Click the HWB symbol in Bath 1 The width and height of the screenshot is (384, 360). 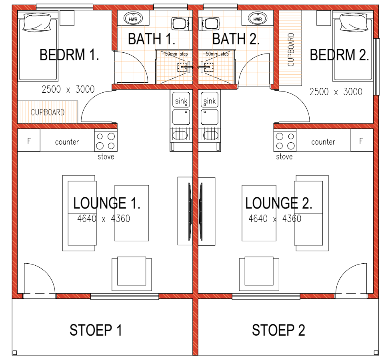pyautogui.click(x=133, y=19)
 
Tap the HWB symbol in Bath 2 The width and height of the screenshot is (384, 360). pyautogui.click(x=257, y=19)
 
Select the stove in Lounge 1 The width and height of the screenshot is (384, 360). pyautogui.click(x=106, y=140)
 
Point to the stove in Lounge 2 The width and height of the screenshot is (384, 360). pyautogui.click(x=285, y=140)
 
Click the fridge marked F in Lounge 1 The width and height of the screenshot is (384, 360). pyautogui.click(x=29, y=140)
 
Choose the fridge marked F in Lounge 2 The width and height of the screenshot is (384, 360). pyautogui.click(x=362, y=140)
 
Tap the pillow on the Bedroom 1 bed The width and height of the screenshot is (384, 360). pyautogui.click(x=37, y=22)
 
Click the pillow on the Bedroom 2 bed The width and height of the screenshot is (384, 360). pyautogui.click(x=354, y=22)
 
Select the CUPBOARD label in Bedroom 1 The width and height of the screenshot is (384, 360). pyautogui.click(x=48, y=112)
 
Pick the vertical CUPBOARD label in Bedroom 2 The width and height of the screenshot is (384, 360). pyautogui.click(x=291, y=50)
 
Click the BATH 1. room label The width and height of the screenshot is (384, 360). pyautogui.click(x=152, y=39)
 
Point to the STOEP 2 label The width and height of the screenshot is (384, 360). pyautogui.click(x=278, y=330)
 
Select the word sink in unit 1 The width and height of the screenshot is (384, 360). pyautogui.click(x=181, y=101)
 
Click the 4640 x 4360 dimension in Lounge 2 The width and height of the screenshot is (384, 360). pyautogui.click(x=275, y=219)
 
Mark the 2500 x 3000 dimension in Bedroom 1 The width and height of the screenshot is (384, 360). pyautogui.click(x=68, y=89)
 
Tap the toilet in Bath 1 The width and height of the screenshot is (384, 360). pyautogui.click(x=182, y=24)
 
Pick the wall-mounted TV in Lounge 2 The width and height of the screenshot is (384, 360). pyautogui.click(x=201, y=211)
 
